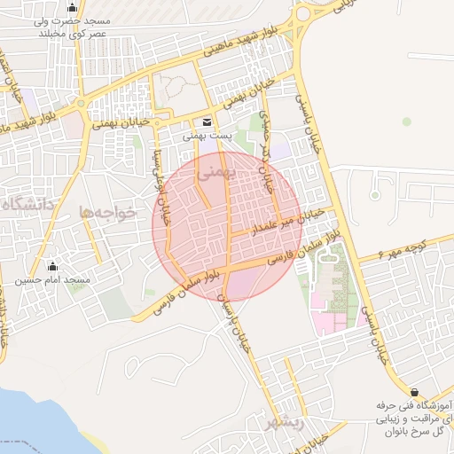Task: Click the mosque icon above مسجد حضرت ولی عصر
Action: [x=72, y=9]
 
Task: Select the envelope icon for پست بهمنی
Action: [x=207, y=121]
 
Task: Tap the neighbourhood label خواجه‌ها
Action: [x=108, y=213]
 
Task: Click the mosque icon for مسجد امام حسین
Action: [x=52, y=266]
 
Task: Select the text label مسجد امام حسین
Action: [x=52, y=280]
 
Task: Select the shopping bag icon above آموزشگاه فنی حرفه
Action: [x=414, y=391]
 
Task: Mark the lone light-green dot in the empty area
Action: [x=407, y=121]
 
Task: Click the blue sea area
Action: [x=22, y=426]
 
